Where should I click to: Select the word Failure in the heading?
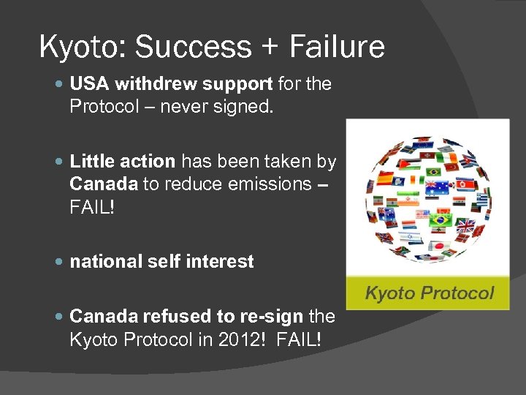tap(337, 47)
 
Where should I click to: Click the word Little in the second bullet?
tap(91, 161)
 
